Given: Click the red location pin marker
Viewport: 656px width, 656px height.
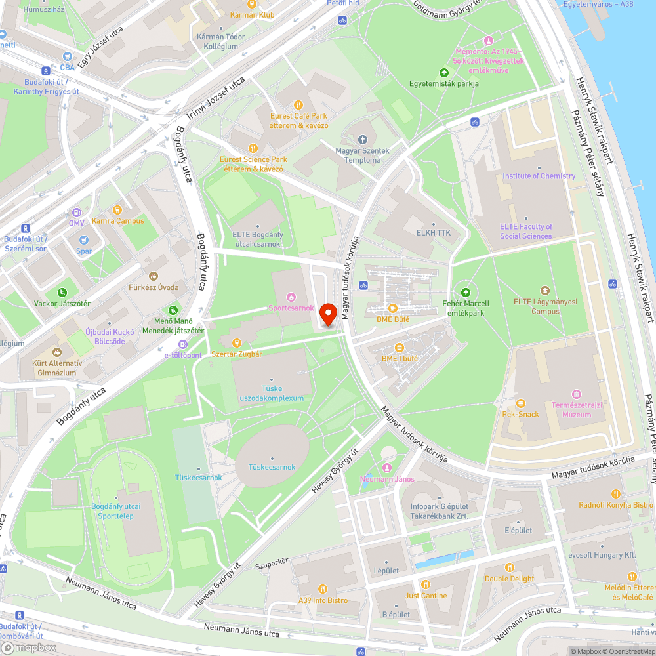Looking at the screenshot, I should pos(328,314).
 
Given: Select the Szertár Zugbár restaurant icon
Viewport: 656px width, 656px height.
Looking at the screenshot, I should pos(237,343).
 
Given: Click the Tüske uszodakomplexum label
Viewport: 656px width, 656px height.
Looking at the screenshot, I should pos(272,393).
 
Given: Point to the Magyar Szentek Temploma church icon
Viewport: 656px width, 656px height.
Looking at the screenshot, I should pos(363,140).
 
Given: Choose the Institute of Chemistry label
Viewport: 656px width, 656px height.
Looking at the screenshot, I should pos(539,176).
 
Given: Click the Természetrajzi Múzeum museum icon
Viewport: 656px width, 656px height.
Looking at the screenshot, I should pos(577,394).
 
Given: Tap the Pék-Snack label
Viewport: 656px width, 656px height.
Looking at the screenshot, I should pos(520,414).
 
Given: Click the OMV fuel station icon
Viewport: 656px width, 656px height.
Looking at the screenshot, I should pos(77,213).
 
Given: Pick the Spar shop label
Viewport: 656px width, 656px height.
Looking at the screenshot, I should pos(84,251).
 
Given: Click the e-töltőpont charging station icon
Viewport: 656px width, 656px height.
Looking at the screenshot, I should pos(183,344).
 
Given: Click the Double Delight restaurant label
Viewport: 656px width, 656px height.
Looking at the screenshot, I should pos(510,579).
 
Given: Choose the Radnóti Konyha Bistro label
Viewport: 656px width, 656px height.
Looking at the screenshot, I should pos(616,504).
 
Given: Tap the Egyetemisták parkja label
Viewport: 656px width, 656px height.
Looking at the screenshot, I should pos(444,83).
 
